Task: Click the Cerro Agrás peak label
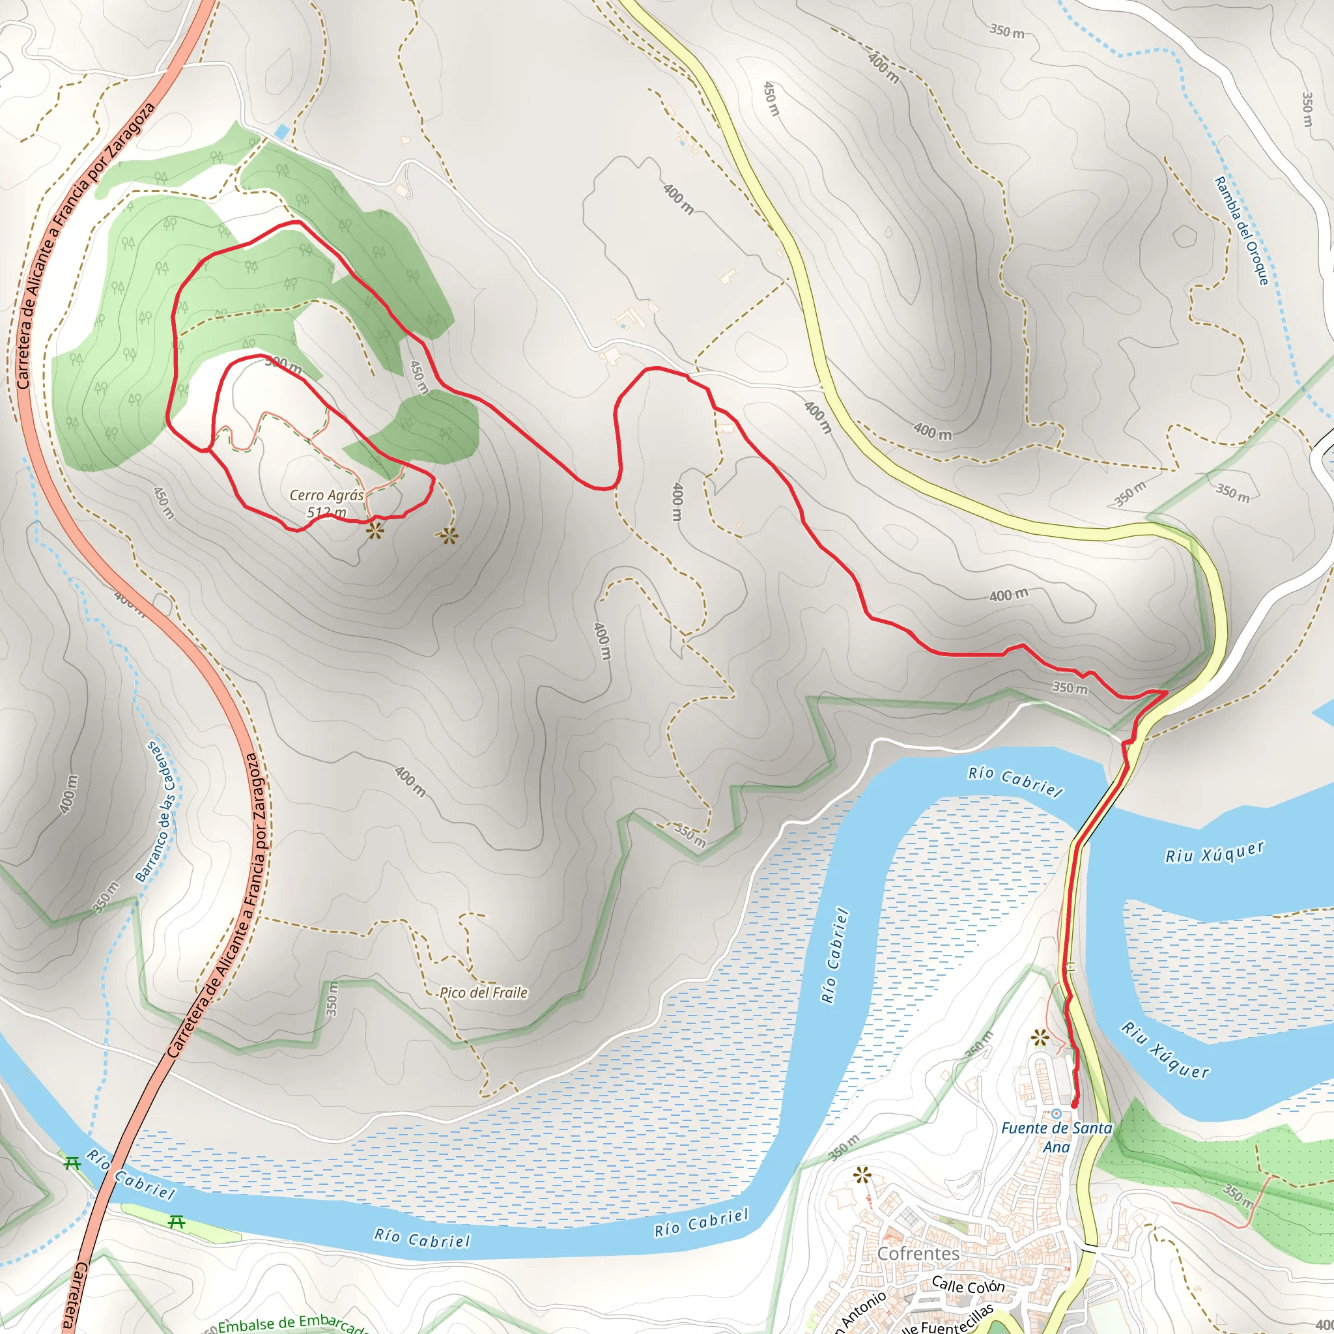coord(326,495)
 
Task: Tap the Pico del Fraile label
coord(483,993)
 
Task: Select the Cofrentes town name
coord(918,1253)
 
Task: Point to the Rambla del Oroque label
coord(1242,231)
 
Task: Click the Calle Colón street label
coord(968,1285)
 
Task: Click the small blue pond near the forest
coord(281,130)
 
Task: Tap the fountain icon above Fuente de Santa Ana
coord(1056,1114)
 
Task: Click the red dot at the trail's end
coord(1073,1105)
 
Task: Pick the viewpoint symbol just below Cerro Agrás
coord(375,531)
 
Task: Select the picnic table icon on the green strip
coord(177,1222)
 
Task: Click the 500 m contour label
coord(283,365)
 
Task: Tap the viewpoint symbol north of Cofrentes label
coord(861,1174)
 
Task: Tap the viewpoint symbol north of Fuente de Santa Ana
coord(1039,1037)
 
